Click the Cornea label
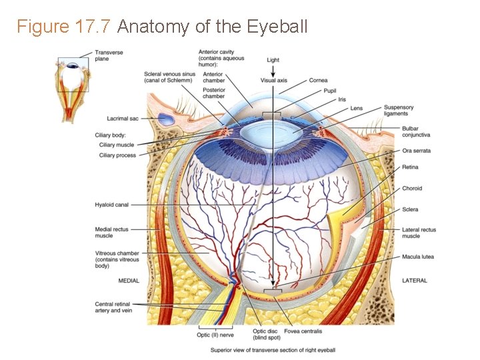(x=317, y=81)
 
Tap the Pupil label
(x=329, y=90)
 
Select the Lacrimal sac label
(x=123, y=119)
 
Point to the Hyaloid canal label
(x=111, y=205)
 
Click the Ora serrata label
(x=416, y=151)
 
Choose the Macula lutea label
(x=417, y=257)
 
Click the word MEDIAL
(x=129, y=281)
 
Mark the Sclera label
(x=410, y=209)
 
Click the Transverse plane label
(x=109, y=55)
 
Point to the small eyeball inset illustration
(x=73, y=87)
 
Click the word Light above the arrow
(x=273, y=60)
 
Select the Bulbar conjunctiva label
(x=415, y=131)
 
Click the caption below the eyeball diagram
(x=273, y=350)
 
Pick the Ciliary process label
(x=117, y=155)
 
